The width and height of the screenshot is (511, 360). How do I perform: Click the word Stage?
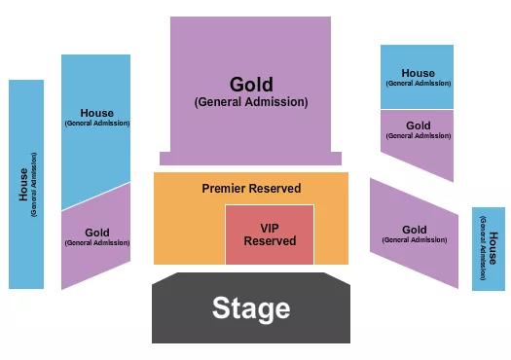click(x=251, y=308)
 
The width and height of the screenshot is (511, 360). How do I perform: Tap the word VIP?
click(x=270, y=228)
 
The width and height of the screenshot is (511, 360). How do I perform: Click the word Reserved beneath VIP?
click(x=270, y=240)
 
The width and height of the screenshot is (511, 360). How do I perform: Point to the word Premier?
click(x=225, y=188)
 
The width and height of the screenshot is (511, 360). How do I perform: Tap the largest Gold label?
click(x=251, y=85)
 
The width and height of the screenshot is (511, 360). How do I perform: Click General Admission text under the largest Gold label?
click(x=251, y=101)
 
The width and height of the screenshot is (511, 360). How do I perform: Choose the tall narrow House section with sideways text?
click(x=26, y=184)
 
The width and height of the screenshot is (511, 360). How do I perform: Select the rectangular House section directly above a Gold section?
click(x=418, y=77)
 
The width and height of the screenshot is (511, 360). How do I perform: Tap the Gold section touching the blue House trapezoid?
click(x=96, y=238)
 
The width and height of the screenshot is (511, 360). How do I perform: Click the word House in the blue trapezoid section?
click(x=96, y=113)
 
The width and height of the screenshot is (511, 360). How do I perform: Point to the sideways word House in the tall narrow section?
click(x=23, y=184)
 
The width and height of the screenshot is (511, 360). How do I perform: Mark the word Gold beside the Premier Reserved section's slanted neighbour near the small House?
click(x=414, y=230)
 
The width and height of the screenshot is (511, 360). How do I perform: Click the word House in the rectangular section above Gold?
click(x=418, y=73)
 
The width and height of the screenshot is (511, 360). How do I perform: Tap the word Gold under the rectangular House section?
click(x=418, y=126)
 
